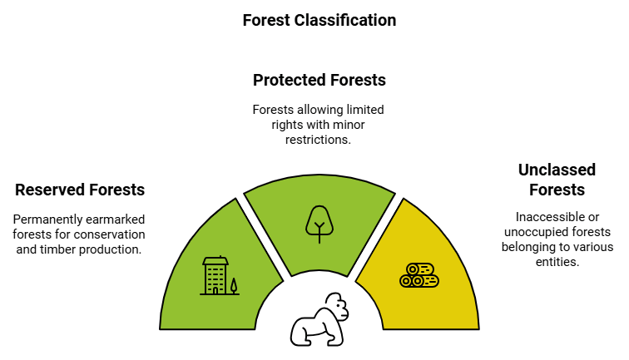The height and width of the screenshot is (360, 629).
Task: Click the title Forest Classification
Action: click(319, 20)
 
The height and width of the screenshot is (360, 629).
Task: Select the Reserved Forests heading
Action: click(80, 190)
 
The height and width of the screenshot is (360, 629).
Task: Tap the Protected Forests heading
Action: click(319, 81)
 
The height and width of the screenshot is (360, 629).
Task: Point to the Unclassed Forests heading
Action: click(557, 180)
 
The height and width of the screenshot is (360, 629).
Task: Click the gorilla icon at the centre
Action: click(319, 319)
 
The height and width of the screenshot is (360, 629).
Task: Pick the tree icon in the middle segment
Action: click(319, 223)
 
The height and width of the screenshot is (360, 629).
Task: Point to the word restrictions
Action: click(319, 140)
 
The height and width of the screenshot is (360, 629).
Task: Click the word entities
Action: click(557, 261)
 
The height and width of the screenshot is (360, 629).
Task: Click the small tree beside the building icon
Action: click(234, 286)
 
